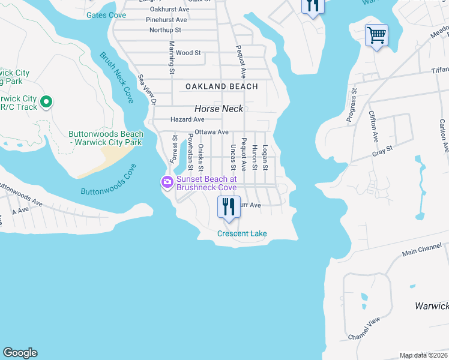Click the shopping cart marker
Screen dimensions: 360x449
[x=376, y=35]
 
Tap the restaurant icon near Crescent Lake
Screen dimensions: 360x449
[x=228, y=207]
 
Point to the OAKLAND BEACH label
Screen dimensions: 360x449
[x=221, y=86]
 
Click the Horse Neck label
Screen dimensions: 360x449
[x=218, y=109]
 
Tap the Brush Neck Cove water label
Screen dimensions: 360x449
[x=116, y=78]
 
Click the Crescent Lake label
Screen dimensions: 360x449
[x=242, y=233]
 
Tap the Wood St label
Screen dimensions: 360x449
[x=188, y=53]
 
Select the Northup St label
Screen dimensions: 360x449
[x=165, y=30]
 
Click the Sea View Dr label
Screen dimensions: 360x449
[x=147, y=90]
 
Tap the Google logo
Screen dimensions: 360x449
[x=20, y=353]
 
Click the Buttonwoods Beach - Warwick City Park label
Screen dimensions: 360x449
[x=106, y=138]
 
